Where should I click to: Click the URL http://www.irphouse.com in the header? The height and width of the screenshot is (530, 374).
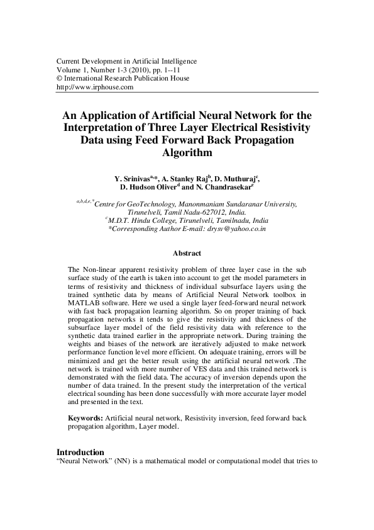coord(95,87)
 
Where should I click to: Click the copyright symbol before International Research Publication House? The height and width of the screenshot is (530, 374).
coord(60,79)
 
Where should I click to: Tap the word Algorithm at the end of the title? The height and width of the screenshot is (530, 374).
coord(187,152)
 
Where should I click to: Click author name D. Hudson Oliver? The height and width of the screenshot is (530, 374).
coord(148,187)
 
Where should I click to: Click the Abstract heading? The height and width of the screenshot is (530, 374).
coord(187,253)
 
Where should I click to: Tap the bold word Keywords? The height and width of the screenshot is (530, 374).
coord(86,418)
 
